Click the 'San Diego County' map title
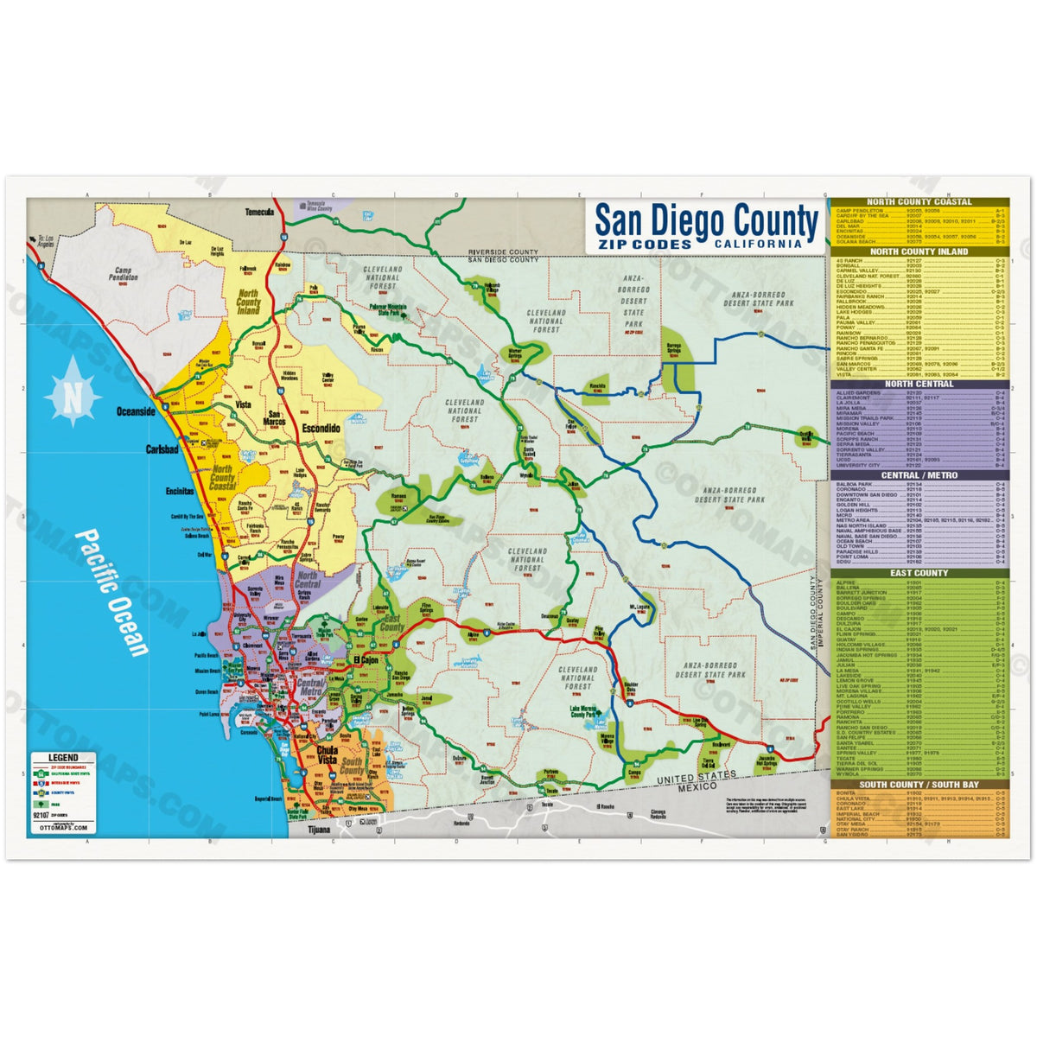pos(705,219)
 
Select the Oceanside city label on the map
pos(137,412)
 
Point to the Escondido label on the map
pos(321,429)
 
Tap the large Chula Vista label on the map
pos(327,755)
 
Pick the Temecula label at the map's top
pos(258,212)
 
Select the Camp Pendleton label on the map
pos(122,275)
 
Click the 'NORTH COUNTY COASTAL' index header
pos(919,201)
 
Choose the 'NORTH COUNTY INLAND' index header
pos(919,251)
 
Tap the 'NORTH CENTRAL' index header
pos(919,384)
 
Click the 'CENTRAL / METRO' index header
pos(919,475)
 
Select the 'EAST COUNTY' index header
pos(919,573)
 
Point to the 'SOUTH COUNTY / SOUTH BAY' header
pos(919,785)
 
